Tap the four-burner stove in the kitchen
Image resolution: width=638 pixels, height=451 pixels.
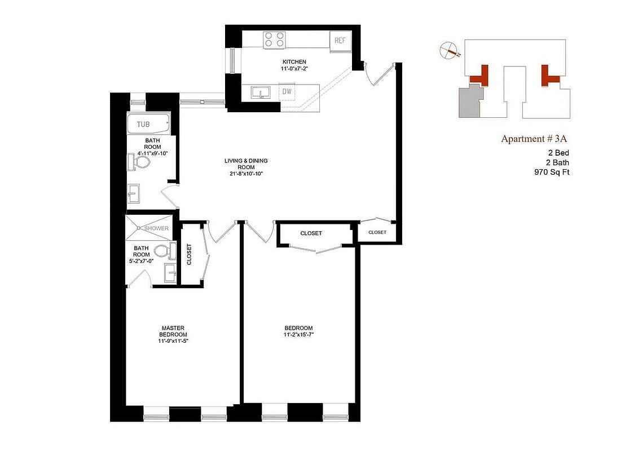click(274, 40)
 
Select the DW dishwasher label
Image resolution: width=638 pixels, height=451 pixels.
click(287, 91)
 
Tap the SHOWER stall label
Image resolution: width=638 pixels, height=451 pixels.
click(156, 228)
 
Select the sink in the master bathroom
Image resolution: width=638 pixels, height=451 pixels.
click(170, 272)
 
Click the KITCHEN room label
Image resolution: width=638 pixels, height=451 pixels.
click(294, 62)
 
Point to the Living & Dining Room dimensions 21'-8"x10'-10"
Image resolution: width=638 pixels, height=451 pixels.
click(246, 174)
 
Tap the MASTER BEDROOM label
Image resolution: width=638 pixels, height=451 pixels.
click(173, 331)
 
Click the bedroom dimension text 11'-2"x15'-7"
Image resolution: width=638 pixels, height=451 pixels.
click(298, 335)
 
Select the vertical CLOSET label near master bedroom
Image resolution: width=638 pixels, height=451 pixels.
click(189, 254)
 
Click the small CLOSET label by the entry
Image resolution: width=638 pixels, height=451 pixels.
click(377, 232)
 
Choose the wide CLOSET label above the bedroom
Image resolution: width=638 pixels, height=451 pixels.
click(311, 233)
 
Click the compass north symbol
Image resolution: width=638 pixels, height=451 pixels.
click(449, 50)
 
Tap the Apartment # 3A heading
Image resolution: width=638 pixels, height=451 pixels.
click(534, 139)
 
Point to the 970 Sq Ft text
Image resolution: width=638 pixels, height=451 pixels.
click(552, 172)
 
